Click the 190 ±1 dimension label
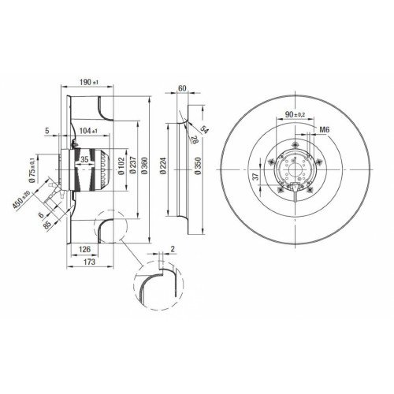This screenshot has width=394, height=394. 89,82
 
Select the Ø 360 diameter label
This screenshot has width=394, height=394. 145,165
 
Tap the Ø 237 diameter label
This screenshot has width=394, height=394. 133,165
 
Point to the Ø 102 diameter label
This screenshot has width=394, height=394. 121,165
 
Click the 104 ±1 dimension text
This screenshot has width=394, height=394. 88,130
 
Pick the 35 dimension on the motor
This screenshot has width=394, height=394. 84,159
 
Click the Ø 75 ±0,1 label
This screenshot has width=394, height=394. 32,170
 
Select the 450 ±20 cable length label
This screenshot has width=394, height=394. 21,199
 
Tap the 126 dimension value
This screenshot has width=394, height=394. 84,249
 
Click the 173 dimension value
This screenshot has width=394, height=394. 89,262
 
